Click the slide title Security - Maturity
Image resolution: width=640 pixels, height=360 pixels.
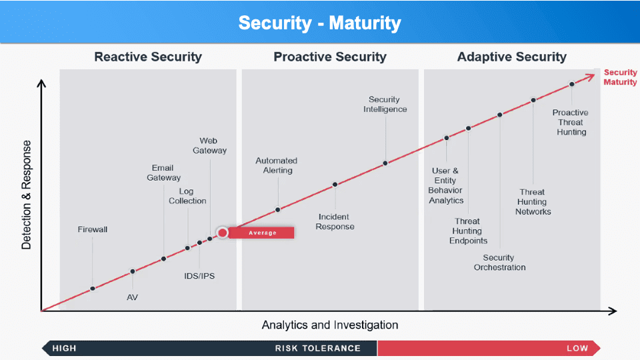tap(319, 23)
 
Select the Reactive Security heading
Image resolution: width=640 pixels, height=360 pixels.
tap(148, 57)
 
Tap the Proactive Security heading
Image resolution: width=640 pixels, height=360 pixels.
tap(330, 57)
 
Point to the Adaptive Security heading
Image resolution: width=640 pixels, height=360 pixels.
tap(512, 57)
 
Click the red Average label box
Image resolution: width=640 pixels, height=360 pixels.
tap(261, 233)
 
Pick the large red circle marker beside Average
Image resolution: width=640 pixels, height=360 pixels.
tap(223, 233)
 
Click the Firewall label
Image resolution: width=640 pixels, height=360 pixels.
tap(93, 229)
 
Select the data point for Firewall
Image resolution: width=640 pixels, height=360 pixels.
tap(93, 289)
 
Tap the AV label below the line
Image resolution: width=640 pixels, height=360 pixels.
tap(132, 297)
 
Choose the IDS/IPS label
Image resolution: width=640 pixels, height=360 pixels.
tap(199, 276)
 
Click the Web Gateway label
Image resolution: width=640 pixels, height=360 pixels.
tap(209, 146)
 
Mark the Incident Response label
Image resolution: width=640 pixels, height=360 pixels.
tap(335, 221)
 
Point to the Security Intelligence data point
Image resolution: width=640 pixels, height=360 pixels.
tap(385, 163)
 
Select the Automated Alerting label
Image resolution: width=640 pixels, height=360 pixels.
tap(277, 165)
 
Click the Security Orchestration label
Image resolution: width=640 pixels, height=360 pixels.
tap(499, 263)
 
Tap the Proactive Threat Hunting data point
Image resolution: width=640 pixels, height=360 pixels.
tap(572, 85)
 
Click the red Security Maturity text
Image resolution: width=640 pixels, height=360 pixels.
tap(621, 77)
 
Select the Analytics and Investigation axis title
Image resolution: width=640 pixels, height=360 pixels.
tap(330, 325)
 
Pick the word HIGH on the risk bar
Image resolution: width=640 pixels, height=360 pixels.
tap(64, 348)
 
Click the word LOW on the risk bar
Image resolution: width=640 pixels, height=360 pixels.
tap(577, 348)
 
